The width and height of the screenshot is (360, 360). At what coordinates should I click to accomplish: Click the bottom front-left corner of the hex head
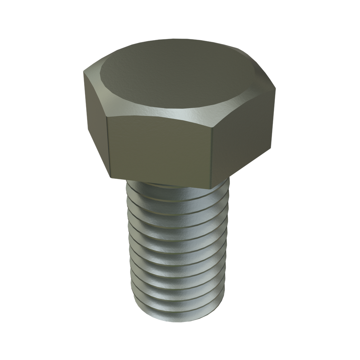110,178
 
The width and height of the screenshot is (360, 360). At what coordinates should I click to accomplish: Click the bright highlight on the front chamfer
183,114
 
